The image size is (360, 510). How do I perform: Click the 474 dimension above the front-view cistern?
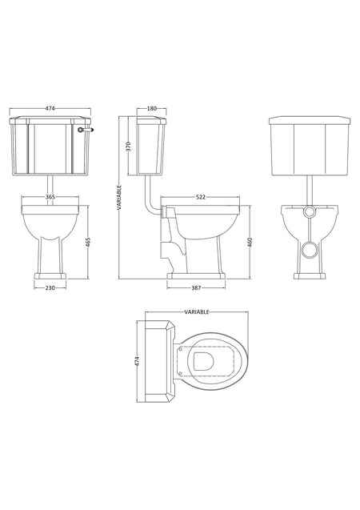coord(50,109)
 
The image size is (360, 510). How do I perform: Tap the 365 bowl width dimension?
coord(50,197)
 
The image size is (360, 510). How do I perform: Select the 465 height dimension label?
coord(88,242)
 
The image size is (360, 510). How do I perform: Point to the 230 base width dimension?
coord(50,288)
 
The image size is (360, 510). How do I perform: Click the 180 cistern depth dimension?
coord(152,109)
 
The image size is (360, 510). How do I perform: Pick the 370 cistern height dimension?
coord(128,147)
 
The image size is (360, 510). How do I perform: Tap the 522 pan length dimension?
coord(201,197)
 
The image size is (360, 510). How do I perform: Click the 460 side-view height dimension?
coord(250,242)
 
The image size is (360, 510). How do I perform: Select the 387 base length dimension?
coord(196,288)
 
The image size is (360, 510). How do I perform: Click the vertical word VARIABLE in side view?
coord(119,198)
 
